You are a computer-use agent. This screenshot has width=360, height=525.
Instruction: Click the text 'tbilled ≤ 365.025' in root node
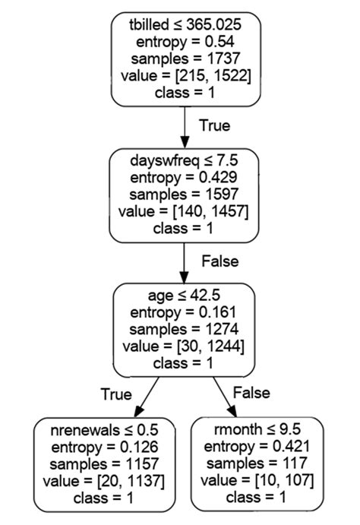[185, 25]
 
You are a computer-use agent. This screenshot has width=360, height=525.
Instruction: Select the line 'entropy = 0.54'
[185, 42]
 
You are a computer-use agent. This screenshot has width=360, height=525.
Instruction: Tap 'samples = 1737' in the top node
[185, 59]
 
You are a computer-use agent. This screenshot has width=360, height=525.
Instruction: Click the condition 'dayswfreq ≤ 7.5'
[184, 161]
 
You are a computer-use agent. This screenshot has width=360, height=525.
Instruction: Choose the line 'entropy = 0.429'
[184, 178]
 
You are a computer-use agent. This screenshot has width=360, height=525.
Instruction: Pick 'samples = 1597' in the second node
[184, 195]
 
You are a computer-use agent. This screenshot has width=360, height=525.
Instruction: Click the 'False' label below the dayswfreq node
[219, 261]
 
